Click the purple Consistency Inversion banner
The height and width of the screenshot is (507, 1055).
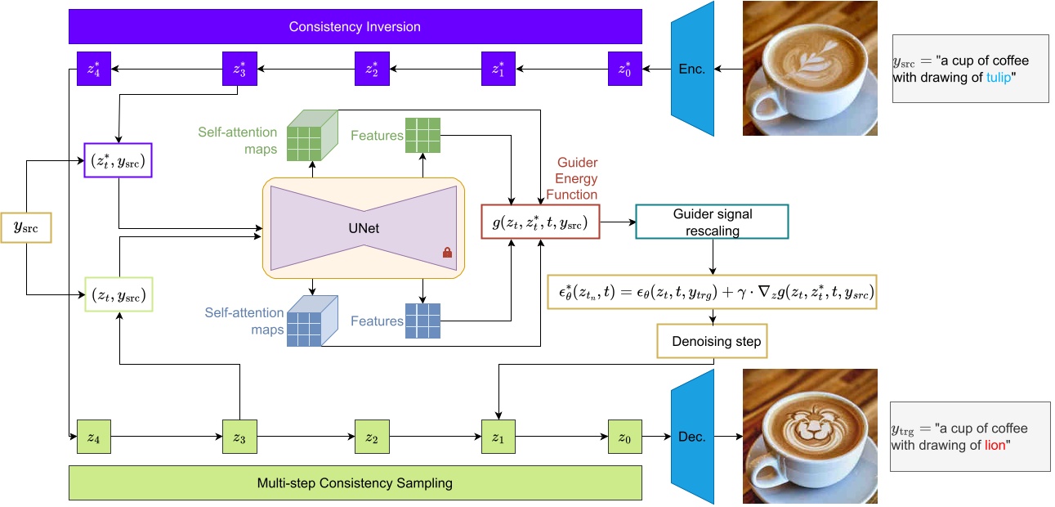click(355, 27)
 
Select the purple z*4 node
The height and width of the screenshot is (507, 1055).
click(93, 68)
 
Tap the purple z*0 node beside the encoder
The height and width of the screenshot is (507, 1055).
click(625, 68)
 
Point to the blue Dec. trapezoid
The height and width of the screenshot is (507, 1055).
click(691, 437)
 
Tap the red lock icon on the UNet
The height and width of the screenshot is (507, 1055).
click(447, 253)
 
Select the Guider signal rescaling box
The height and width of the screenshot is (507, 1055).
click(712, 221)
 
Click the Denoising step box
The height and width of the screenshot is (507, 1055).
click(712, 341)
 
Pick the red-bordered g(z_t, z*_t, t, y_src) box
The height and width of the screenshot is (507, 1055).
click(541, 221)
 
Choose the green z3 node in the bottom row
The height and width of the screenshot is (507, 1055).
click(239, 437)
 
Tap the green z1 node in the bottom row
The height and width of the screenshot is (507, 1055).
click(498, 437)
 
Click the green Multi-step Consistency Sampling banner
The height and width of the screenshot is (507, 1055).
click(355, 482)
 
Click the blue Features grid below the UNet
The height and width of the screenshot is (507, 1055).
click(422, 321)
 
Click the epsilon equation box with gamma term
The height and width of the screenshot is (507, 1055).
click(712, 292)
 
